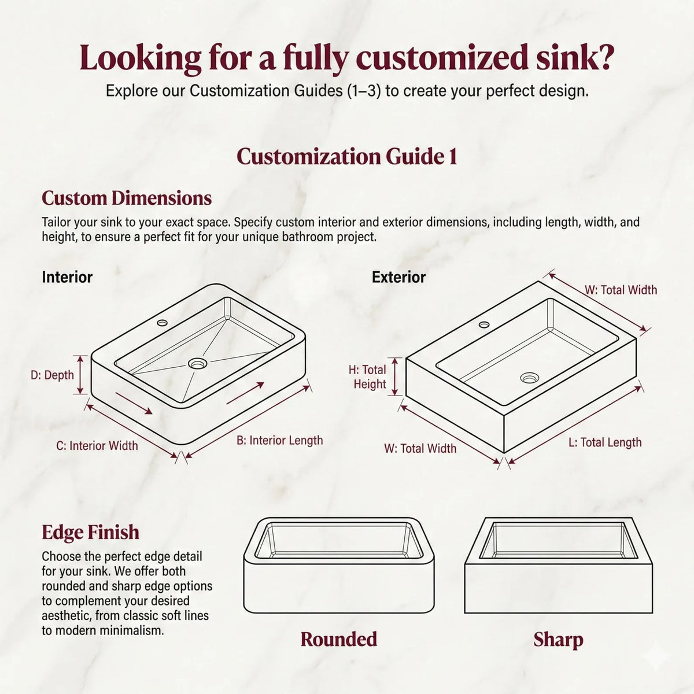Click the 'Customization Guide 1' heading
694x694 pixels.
(347, 157)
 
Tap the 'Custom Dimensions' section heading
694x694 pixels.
(127, 198)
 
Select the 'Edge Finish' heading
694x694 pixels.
(90, 532)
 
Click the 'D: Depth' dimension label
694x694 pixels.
(52, 375)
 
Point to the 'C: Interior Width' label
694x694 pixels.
(97, 446)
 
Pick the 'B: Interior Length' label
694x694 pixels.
(279, 441)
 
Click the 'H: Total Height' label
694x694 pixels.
(367, 376)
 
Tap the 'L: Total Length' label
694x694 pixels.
(605, 442)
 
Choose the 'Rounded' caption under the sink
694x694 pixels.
(339, 639)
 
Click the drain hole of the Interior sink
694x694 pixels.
(197, 363)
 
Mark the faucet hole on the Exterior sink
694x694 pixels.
(483, 324)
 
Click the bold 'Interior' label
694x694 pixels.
(67, 278)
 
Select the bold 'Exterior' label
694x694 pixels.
(398, 278)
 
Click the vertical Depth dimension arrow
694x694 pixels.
(80, 375)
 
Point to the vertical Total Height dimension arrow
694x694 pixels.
(396, 376)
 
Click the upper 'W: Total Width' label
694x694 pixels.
(621, 290)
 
